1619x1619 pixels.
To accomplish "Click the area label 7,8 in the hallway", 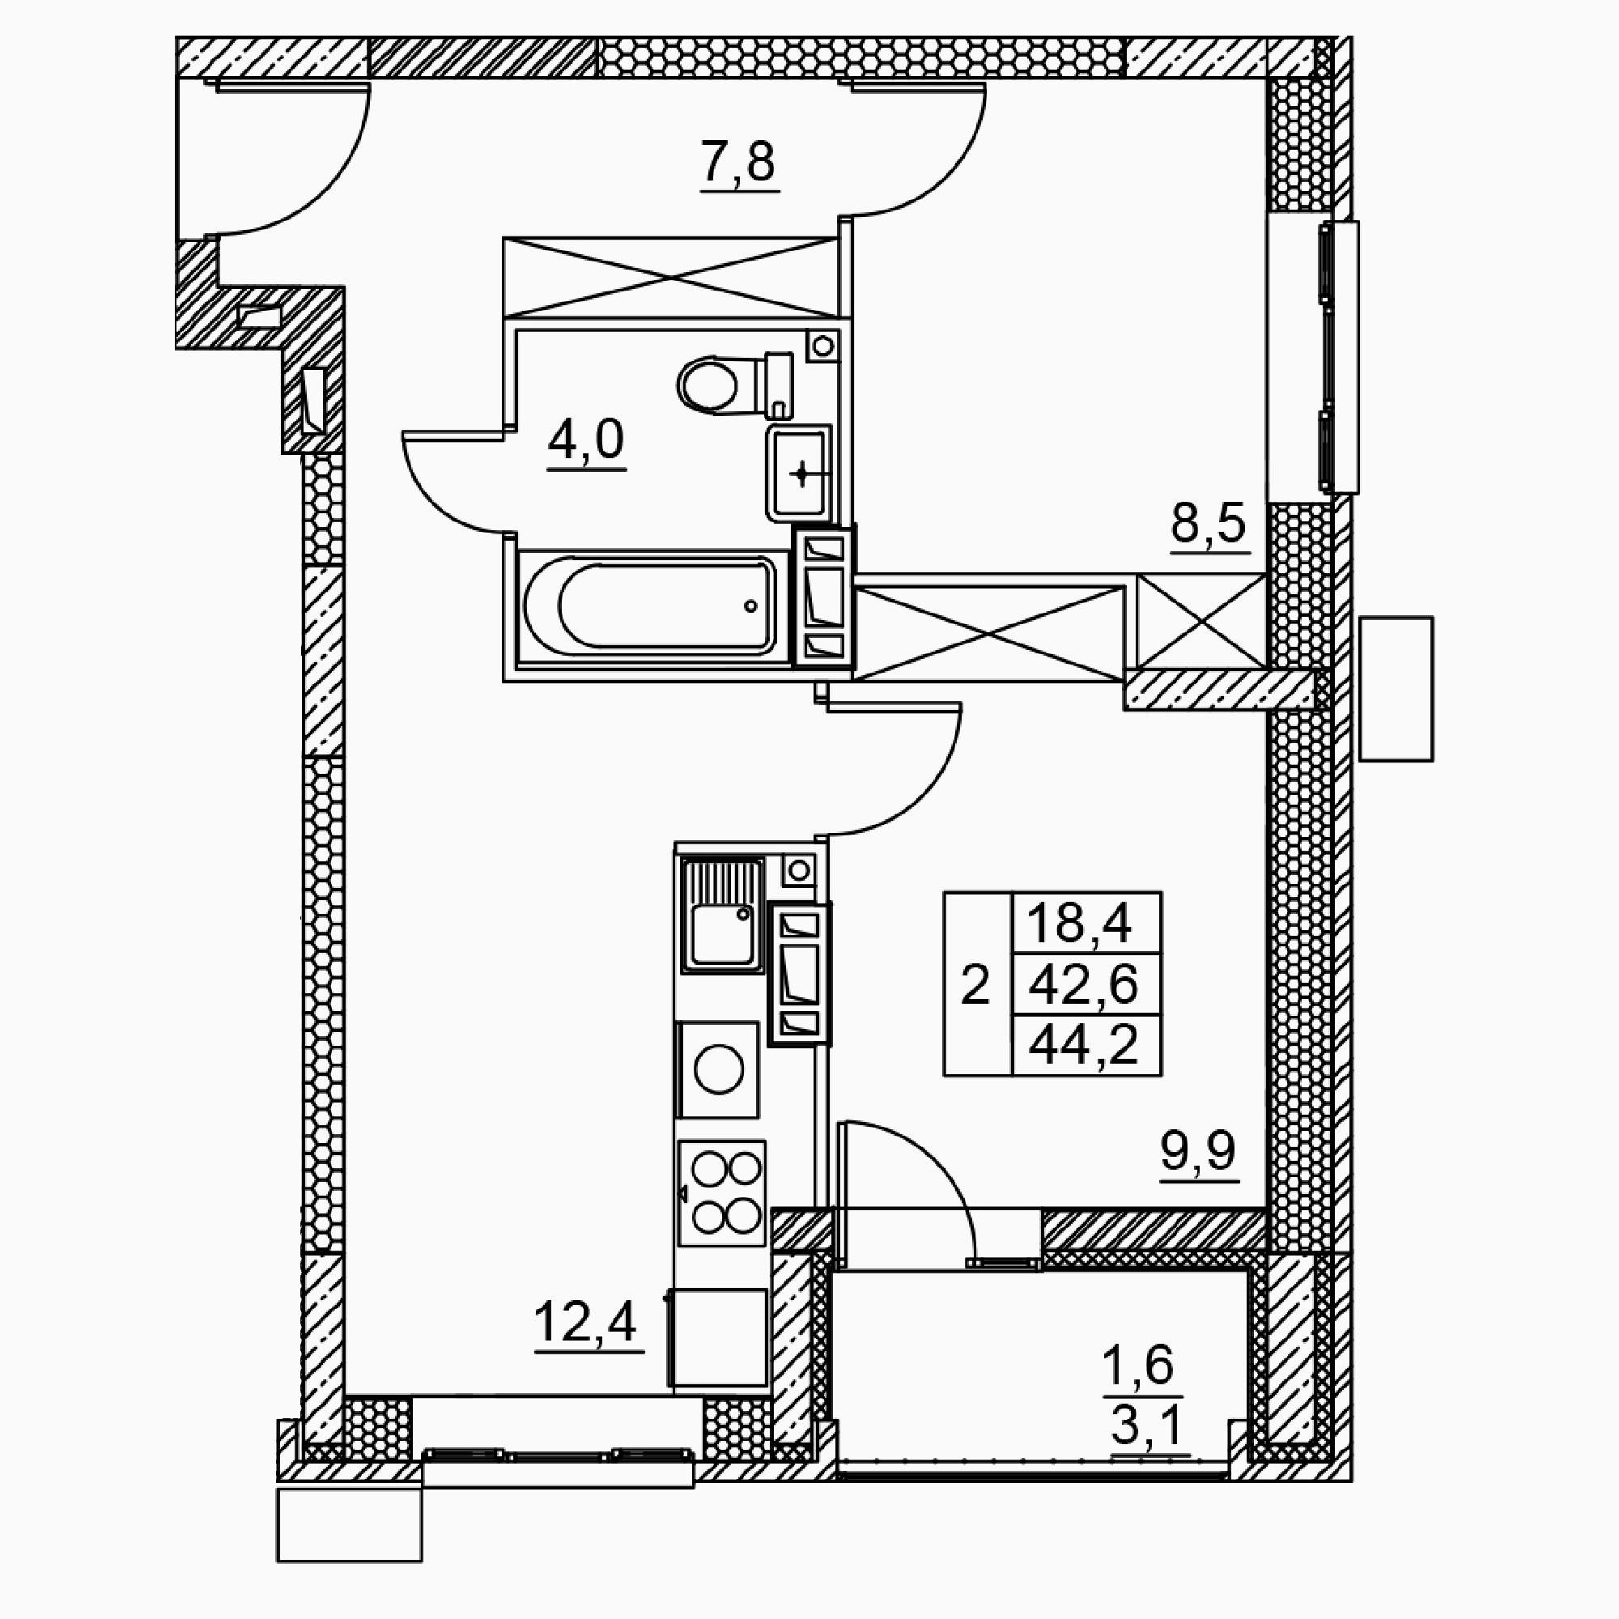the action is (739, 162).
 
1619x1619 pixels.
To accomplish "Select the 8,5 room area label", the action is (1209, 525).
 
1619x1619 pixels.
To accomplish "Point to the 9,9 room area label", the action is (1198, 1151).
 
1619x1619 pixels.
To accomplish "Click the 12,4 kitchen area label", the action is (586, 1322).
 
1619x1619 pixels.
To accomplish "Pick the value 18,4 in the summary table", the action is (1079, 923).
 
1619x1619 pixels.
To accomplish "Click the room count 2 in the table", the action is (975, 984).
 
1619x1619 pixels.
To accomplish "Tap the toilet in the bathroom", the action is (734, 384).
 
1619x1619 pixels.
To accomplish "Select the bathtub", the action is (648, 605).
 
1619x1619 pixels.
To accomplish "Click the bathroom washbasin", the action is (799, 474).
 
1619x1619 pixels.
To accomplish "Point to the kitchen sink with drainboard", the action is (722, 915).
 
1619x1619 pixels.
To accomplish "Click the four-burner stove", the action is (721, 1192).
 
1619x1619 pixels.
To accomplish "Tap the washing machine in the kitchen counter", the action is (718, 1069).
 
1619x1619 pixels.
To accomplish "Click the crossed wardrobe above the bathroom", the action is (670, 278).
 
